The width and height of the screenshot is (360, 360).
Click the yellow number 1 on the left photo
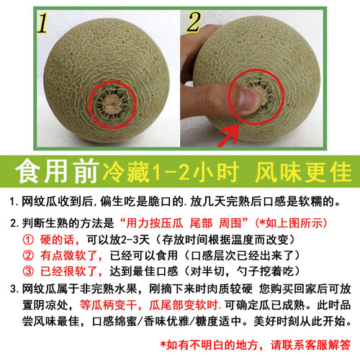[42, 22]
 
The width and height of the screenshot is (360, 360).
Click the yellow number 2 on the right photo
[194, 22]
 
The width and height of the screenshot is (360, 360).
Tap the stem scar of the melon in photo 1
[112, 104]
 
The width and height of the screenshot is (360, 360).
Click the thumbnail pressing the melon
[246, 98]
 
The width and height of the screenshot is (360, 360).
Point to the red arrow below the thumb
[228, 136]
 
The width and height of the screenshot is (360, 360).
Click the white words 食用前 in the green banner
[57, 171]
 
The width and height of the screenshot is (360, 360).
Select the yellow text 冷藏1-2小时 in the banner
[171, 171]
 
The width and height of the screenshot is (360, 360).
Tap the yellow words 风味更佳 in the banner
[303, 171]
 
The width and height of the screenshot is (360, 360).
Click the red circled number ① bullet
[28, 240]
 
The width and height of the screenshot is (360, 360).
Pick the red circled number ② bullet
[28, 256]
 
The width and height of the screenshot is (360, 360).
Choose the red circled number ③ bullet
[28, 271]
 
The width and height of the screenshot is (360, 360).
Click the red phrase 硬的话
[60, 240]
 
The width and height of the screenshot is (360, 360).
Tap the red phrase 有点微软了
[71, 256]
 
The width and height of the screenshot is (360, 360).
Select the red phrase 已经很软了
[71, 271]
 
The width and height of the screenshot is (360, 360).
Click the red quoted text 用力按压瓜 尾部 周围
[184, 223]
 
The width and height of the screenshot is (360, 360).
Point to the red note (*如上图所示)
[291, 223]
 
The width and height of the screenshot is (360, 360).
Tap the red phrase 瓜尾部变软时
[184, 305]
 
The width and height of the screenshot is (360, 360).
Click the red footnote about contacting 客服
[256, 345]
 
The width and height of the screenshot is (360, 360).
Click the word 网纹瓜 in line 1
[39, 202]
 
